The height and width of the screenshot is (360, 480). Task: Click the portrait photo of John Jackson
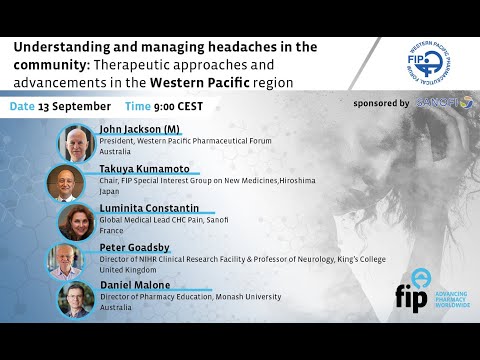[77, 144]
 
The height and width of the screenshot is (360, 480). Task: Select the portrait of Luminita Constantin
[77, 222]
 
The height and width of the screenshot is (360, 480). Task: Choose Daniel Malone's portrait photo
[77, 299]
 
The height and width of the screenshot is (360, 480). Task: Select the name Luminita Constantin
[149, 207]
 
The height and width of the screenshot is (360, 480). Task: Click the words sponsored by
[381, 103]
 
